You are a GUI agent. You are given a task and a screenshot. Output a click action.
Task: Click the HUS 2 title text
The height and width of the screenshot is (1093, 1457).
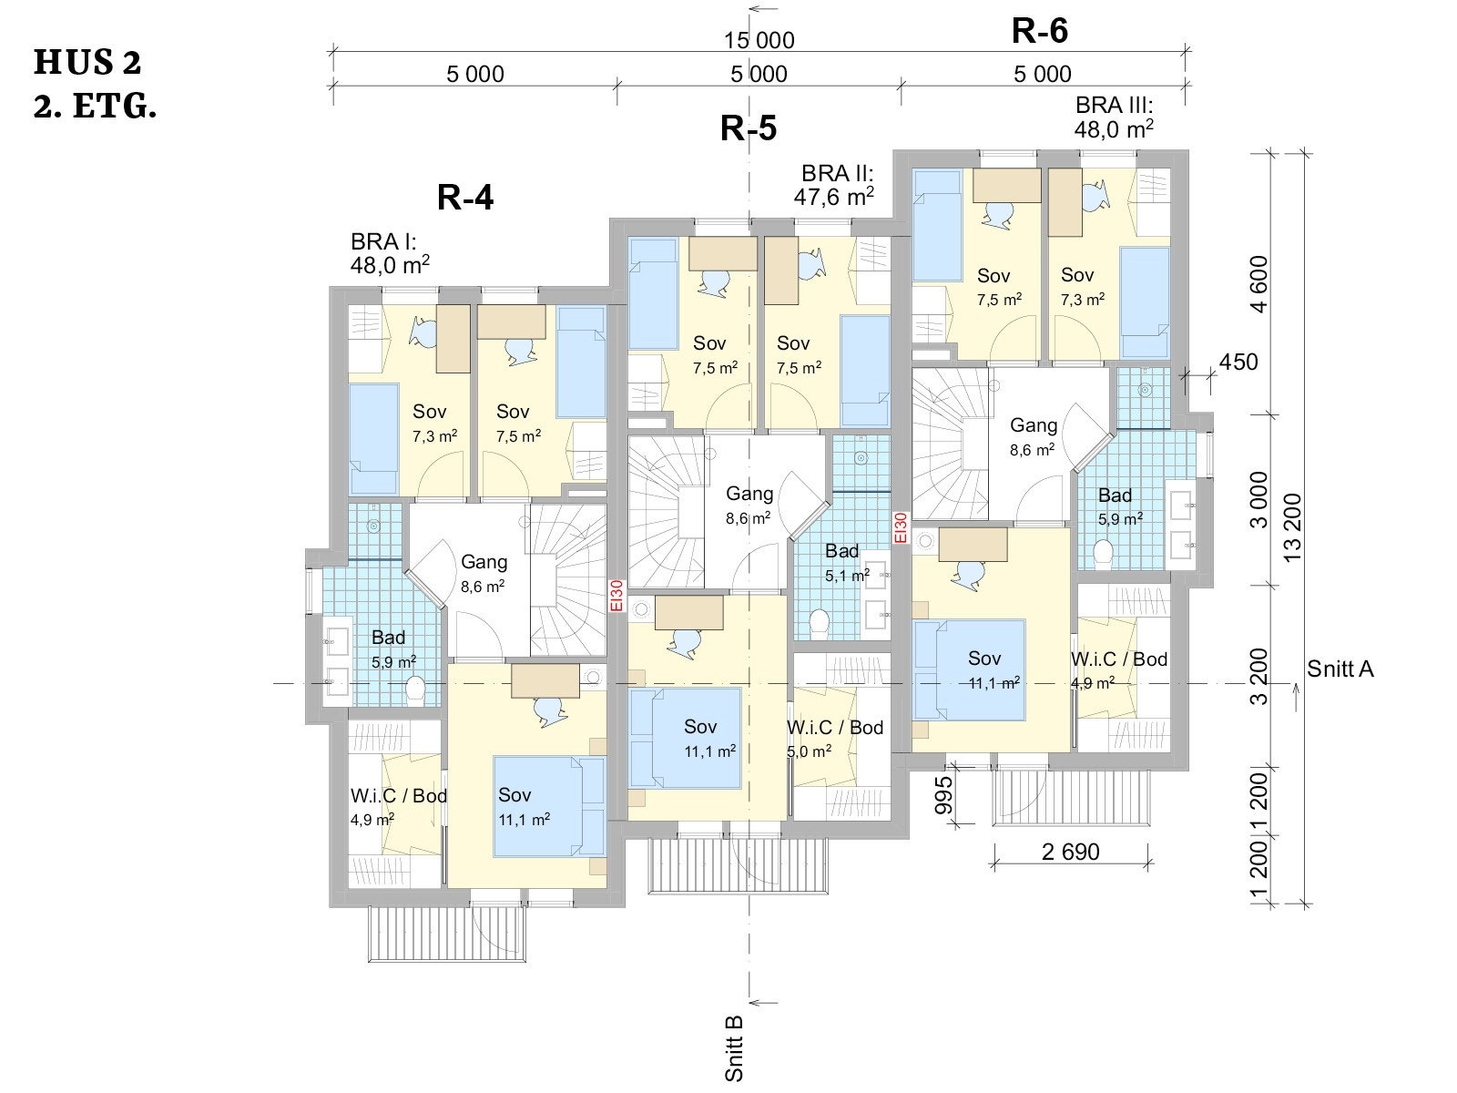87,62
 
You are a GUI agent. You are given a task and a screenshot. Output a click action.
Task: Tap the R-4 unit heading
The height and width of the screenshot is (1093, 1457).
465,197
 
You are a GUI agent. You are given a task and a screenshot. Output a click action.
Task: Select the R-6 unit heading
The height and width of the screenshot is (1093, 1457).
1040,31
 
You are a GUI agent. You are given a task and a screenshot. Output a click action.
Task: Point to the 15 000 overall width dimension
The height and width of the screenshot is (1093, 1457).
759,40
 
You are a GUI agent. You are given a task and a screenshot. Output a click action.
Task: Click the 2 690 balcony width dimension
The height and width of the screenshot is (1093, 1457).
1071,852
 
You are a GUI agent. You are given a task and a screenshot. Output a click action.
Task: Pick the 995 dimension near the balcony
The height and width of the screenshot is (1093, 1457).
943,795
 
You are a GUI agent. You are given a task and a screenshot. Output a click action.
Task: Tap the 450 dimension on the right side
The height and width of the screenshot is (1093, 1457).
1238,362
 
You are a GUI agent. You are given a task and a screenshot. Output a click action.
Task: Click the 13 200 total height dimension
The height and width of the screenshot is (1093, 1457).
1292,527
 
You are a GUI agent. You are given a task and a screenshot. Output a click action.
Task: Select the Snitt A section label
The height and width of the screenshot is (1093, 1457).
1340,669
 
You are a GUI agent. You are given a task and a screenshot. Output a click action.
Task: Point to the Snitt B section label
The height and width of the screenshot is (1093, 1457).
733,1049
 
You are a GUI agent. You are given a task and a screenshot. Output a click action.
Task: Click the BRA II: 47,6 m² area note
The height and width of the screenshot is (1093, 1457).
834,185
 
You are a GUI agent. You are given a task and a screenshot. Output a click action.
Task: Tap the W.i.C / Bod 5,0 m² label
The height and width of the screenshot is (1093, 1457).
835,739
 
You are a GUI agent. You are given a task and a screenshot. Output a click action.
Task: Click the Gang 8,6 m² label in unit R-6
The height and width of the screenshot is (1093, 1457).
1033,436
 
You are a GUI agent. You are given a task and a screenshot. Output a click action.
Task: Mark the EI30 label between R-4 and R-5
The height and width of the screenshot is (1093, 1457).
616,596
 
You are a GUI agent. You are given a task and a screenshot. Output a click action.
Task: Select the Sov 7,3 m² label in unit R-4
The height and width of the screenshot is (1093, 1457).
434,423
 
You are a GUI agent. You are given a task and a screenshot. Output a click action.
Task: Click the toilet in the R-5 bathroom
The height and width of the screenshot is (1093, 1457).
819,623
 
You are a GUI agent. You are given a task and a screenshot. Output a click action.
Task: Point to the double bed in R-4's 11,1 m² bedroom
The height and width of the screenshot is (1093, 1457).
549,806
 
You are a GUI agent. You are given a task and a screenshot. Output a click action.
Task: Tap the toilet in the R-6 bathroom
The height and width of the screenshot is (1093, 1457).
1103,553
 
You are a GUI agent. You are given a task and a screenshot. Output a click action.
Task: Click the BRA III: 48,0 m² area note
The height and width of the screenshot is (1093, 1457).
1114,117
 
